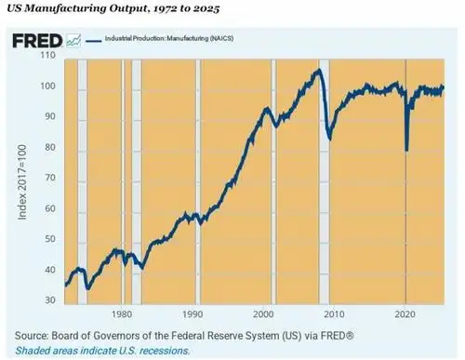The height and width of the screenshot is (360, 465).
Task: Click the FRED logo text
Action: [x=37, y=42]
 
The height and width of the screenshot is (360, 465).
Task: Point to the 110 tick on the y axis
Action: [x=47, y=57]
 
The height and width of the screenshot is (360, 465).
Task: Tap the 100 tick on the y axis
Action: [x=47, y=87]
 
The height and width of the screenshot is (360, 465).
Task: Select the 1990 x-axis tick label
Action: [x=193, y=314]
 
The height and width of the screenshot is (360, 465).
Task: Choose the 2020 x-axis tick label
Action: [x=405, y=314]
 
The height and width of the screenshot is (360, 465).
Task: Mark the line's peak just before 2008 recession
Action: [x=318, y=70]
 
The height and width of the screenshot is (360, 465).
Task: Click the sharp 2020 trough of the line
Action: [x=407, y=149]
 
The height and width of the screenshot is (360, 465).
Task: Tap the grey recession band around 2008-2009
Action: [x=325, y=186]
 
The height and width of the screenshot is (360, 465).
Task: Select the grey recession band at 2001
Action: [x=273, y=186]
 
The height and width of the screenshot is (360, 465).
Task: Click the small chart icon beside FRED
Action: [x=73, y=42]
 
